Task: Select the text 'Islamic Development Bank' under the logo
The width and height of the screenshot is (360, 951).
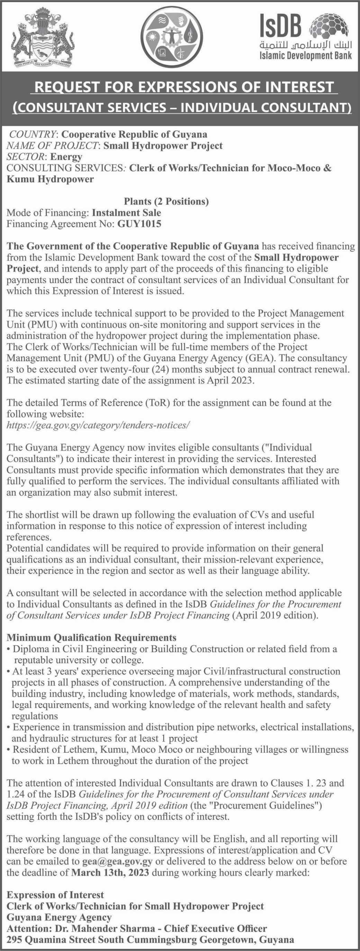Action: click(x=305, y=56)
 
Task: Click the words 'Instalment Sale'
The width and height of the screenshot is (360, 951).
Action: click(x=126, y=213)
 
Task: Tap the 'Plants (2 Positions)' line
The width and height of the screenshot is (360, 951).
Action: click(x=166, y=202)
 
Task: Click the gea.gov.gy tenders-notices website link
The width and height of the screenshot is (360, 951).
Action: click(x=98, y=425)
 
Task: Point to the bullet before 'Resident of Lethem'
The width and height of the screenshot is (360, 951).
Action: click(x=9, y=750)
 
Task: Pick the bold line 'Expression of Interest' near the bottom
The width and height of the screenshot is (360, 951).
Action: click(x=55, y=895)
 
